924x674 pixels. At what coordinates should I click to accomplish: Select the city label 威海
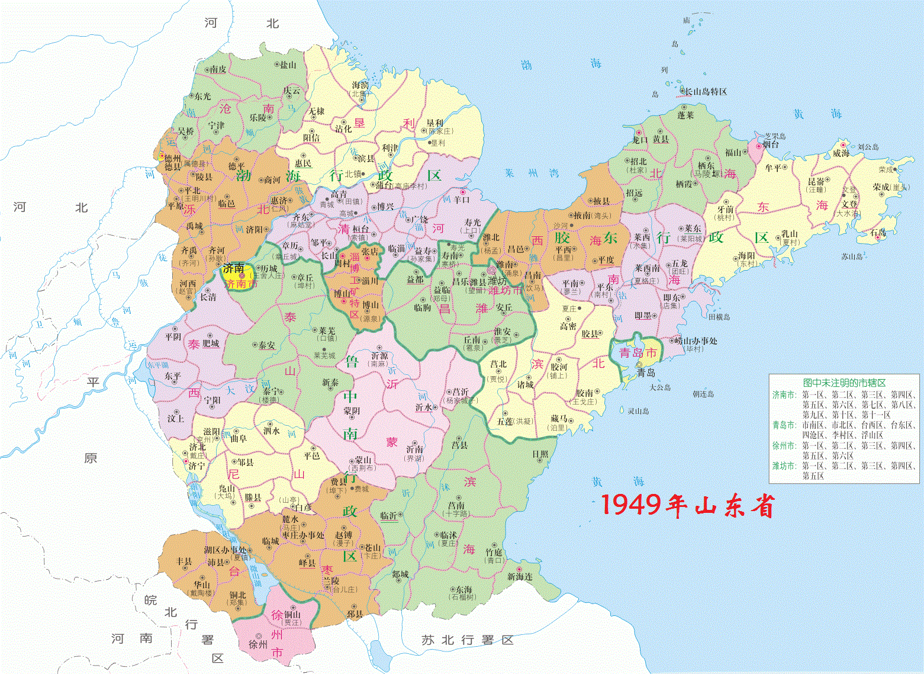[x=841, y=153]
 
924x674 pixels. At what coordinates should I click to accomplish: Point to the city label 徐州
[x=258, y=644]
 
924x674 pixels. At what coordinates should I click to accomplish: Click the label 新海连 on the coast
[x=520, y=576]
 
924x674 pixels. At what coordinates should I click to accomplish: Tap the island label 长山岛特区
[x=706, y=92]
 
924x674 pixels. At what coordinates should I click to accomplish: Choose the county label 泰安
[x=266, y=345]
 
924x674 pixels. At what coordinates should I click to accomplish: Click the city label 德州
[x=173, y=159]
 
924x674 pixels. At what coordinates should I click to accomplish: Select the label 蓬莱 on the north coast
[x=685, y=115]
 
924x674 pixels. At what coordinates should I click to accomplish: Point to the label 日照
[x=540, y=454]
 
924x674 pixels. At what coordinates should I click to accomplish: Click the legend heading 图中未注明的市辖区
[x=844, y=383]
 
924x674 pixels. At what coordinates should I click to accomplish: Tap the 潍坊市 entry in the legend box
[x=784, y=466]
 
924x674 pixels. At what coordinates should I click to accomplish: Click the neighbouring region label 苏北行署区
[x=467, y=640]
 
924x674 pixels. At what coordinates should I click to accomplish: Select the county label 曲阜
[x=238, y=439]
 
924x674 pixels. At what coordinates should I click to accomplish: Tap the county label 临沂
[x=388, y=516]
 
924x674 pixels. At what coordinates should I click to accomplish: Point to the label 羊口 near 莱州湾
[x=461, y=200]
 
